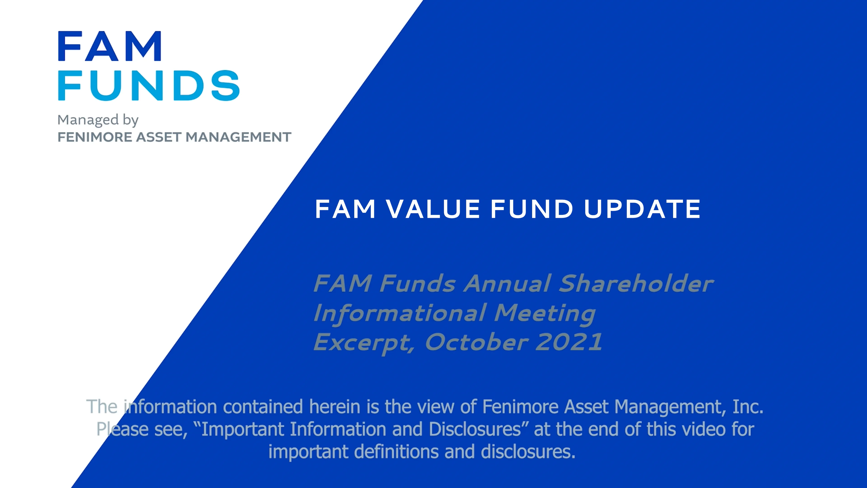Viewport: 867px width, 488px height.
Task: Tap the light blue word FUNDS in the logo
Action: point(148,86)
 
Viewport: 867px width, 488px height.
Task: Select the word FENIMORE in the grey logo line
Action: point(95,137)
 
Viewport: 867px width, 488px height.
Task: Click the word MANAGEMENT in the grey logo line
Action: point(238,137)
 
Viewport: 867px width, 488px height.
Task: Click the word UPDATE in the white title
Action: point(642,209)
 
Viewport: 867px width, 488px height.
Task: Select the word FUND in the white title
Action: point(532,209)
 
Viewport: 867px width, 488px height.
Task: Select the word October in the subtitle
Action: point(477,342)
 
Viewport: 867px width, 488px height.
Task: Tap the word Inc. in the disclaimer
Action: point(748,407)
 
